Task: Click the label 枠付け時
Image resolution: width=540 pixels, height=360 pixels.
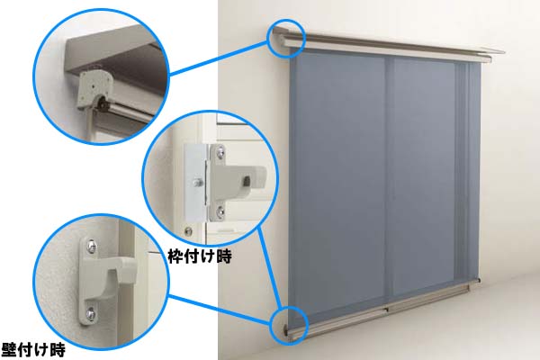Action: tap(200, 256)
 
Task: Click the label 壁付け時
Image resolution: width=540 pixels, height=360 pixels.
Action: tap(33, 350)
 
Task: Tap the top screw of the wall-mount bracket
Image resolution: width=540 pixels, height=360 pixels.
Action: tap(91, 246)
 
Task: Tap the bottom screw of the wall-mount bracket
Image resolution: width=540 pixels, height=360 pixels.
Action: tap(91, 314)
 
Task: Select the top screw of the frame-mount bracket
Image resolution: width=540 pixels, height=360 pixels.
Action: tap(220, 152)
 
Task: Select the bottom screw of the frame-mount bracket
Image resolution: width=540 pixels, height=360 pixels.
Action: tap(220, 211)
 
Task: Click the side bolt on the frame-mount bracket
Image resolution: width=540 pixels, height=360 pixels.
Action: tap(198, 183)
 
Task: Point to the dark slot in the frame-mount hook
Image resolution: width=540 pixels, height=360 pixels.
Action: tap(247, 181)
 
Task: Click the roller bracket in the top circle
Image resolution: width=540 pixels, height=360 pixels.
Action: tap(94, 89)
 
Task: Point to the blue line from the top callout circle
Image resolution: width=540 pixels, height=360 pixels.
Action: tap(219, 58)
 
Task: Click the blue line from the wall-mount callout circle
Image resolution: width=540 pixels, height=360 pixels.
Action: tap(219, 310)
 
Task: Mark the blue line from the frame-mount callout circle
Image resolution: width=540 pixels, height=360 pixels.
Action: tap(271, 267)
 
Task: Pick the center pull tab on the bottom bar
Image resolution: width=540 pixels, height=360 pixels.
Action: tap(386, 310)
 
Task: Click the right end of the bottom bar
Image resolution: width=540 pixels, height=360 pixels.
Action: tap(479, 282)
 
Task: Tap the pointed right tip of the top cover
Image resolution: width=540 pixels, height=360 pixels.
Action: tap(504, 52)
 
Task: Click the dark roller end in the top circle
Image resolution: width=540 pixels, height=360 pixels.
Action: tap(103, 103)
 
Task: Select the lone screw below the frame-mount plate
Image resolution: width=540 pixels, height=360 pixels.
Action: tap(188, 231)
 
